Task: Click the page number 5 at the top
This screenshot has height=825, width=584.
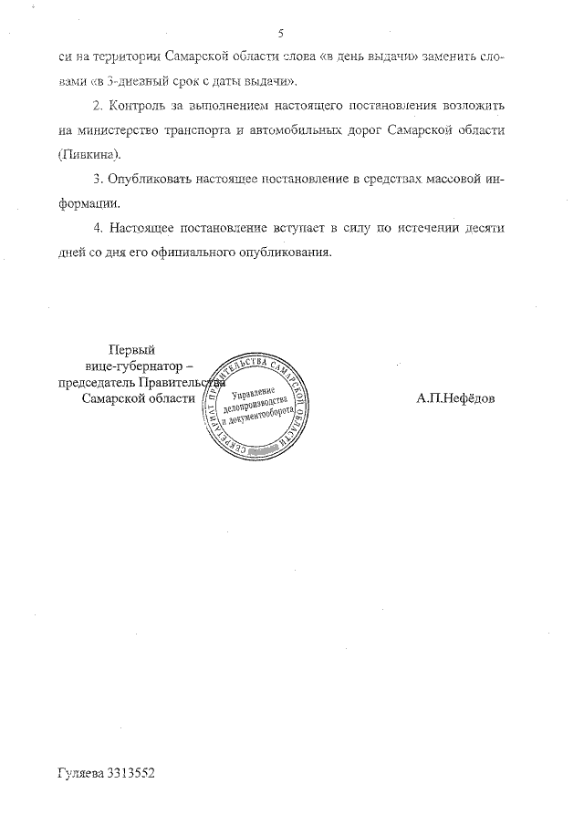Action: pyautogui.click(x=281, y=34)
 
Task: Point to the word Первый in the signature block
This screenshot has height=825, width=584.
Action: pyautogui.click(x=130, y=348)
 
